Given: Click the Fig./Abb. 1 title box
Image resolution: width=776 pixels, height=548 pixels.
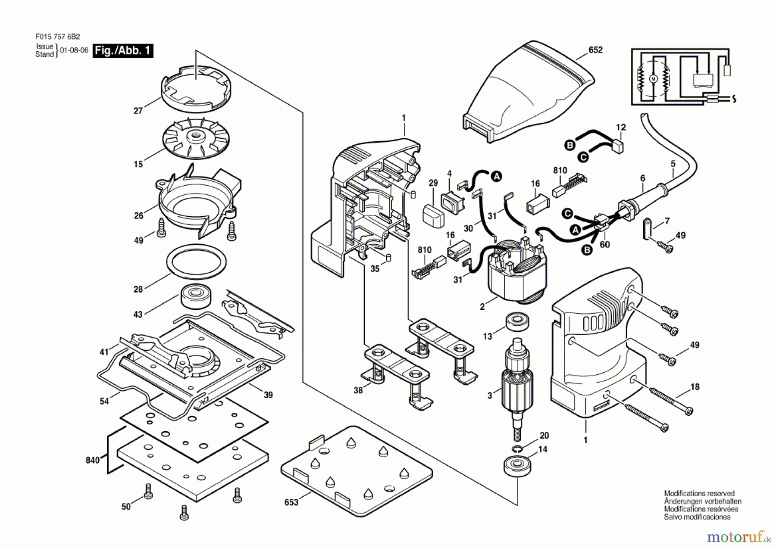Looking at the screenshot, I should (x=123, y=50).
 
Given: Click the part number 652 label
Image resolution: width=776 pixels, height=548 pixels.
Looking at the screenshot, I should (x=595, y=50).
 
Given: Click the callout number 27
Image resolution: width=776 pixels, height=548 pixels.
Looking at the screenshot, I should (x=138, y=111).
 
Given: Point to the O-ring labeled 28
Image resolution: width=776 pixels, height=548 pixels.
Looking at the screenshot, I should (x=197, y=262).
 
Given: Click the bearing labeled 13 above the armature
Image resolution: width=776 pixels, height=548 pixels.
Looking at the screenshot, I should (x=517, y=322).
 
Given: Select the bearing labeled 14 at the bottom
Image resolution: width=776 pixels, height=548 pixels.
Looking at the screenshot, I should (x=517, y=467).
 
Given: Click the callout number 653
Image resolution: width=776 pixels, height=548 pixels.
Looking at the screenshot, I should (x=291, y=502).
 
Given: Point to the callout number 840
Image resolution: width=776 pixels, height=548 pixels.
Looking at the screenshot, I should (x=93, y=460).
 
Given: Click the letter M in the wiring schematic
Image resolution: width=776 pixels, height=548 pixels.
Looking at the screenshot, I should (x=653, y=79).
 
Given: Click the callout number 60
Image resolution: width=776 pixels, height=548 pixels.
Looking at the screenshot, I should (x=605, y=245).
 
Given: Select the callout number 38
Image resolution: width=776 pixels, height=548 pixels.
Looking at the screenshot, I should (x=358, y=390).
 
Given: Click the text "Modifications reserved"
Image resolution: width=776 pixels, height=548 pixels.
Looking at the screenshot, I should (x=699, y=494).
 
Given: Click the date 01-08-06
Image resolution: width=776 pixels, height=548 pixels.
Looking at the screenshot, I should (x=74, y=50).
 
